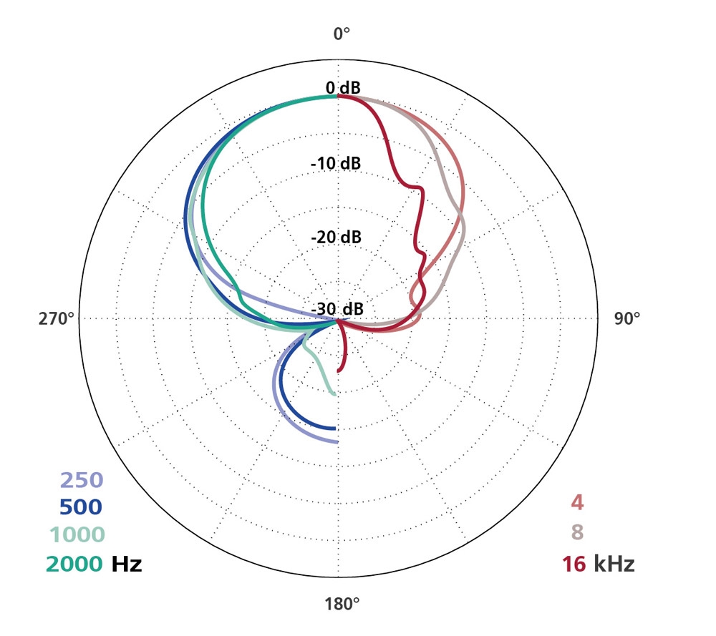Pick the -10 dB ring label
coord(335,163)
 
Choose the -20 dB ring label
coord(336,237)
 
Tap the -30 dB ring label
coord(337,309)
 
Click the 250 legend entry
coord(82,481)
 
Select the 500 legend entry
coord(81,507)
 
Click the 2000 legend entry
coord(74,564)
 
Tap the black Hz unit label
coord(126,564)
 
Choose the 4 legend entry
coord(577,503)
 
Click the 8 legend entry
coord(577,534)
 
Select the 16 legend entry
coord(574,564)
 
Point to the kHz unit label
coord(614,564)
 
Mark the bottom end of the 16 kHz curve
coord(339,371)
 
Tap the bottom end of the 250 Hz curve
coord(336,441)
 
